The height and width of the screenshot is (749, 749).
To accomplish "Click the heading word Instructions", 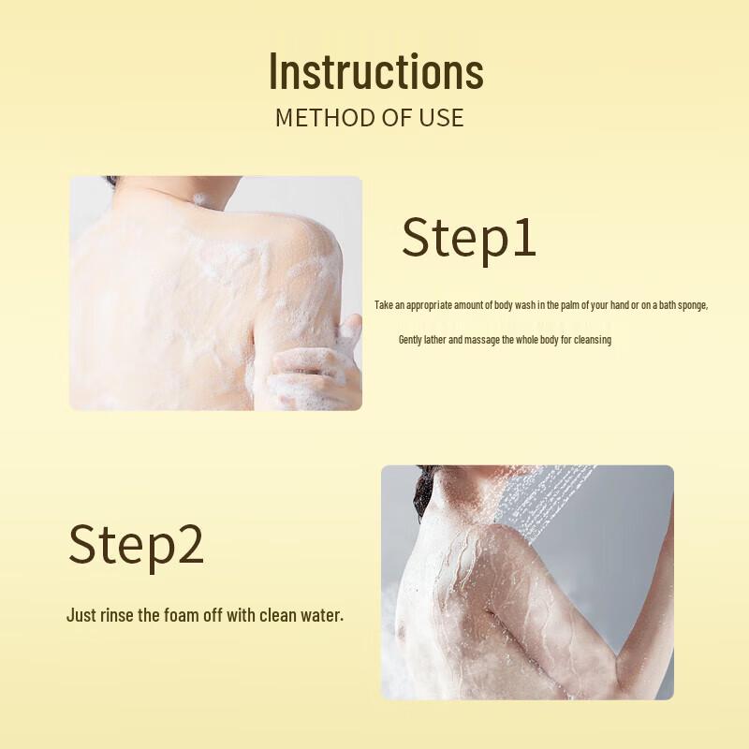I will (x=375, y=71).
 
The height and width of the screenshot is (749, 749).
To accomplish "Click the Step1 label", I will (x=469, y=237).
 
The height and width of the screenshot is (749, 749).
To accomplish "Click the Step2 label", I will (x=136, y=545).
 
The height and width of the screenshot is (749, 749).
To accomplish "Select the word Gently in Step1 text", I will (x=411, y=340).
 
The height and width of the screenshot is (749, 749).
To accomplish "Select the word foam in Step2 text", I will (x=192, y=615).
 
